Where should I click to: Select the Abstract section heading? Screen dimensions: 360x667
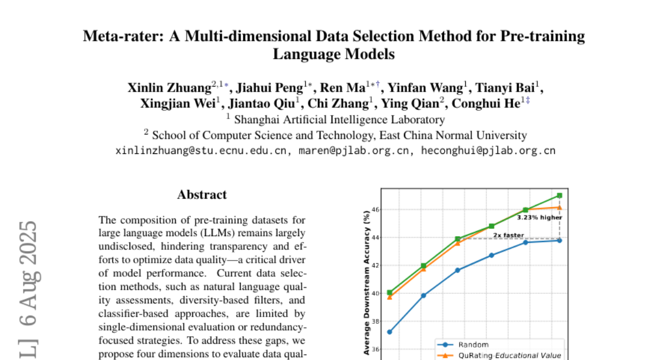coord(202,194)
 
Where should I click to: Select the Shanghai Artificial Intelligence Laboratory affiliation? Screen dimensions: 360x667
coord(339,119)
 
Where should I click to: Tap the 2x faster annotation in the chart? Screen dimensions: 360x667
coord(508,235)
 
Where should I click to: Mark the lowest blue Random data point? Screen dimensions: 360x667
coord(390,332)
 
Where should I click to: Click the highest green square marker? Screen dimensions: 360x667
coord(559,196)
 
